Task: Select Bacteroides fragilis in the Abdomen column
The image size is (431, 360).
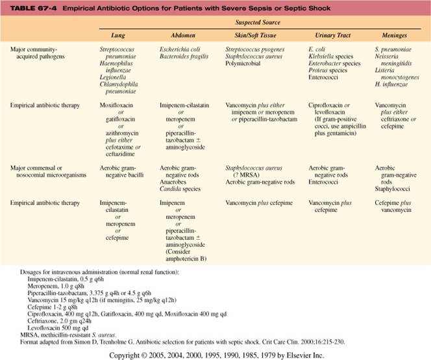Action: click(x=184, y=57)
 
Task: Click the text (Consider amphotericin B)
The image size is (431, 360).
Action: click(x=182, y=248)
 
